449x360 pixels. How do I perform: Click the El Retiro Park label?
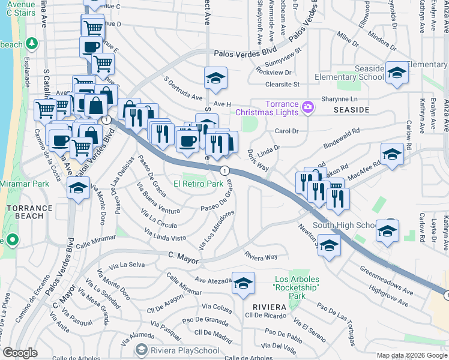click(199, 184)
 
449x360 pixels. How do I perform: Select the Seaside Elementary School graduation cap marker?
click(397, 73)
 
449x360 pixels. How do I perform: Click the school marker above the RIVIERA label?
click(243, 284)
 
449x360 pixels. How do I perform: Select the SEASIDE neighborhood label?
click(350, 110)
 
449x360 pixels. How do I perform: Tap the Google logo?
click(20, 352)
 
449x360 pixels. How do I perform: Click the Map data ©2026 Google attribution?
click(412, 355)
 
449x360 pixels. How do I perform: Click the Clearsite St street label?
click(282, 85)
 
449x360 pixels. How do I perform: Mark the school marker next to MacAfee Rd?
click(392, 155)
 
